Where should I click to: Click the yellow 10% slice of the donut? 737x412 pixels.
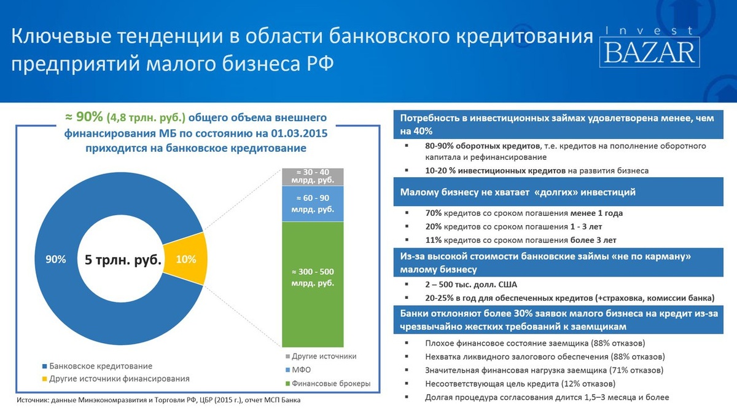[x=187, y=259]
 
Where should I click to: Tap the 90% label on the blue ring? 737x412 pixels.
[x=56, y=259]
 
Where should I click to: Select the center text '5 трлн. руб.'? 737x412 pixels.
[x=123, y=260]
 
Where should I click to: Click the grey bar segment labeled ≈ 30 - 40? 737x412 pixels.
[x=313, y=177]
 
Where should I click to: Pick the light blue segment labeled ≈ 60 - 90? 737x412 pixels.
[x=313, y=204]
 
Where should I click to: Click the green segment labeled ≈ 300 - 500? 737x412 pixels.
[x=313, y=284]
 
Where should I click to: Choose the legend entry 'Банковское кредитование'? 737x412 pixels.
[x=98, y=366]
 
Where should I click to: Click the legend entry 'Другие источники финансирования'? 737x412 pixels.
[x=116, y=379]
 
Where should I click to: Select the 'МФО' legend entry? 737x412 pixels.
[x=298, y=370]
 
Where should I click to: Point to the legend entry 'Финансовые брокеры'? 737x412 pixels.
[x=328, y=384]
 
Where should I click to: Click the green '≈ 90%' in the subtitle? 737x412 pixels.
[x=84, y=117]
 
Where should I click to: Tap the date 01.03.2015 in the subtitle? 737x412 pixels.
[x=300, y=133]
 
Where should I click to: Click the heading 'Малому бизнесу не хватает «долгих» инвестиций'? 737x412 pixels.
[x=518, y=192]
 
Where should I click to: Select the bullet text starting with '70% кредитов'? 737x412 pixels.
[x=524, y=213]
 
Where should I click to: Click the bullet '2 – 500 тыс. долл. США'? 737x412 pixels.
[x=471, y=285]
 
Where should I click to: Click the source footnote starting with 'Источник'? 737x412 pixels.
[x=158, y=400]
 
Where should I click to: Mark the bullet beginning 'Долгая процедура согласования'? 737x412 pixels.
[x=547, y=397]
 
